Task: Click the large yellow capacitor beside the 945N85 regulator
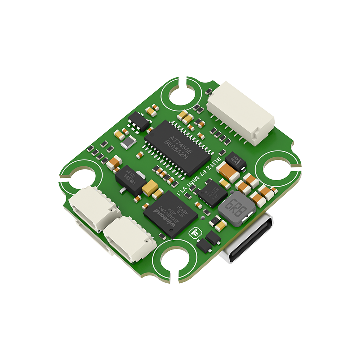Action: [x=149, y=188]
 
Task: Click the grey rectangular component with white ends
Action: [x=129, y=144]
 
